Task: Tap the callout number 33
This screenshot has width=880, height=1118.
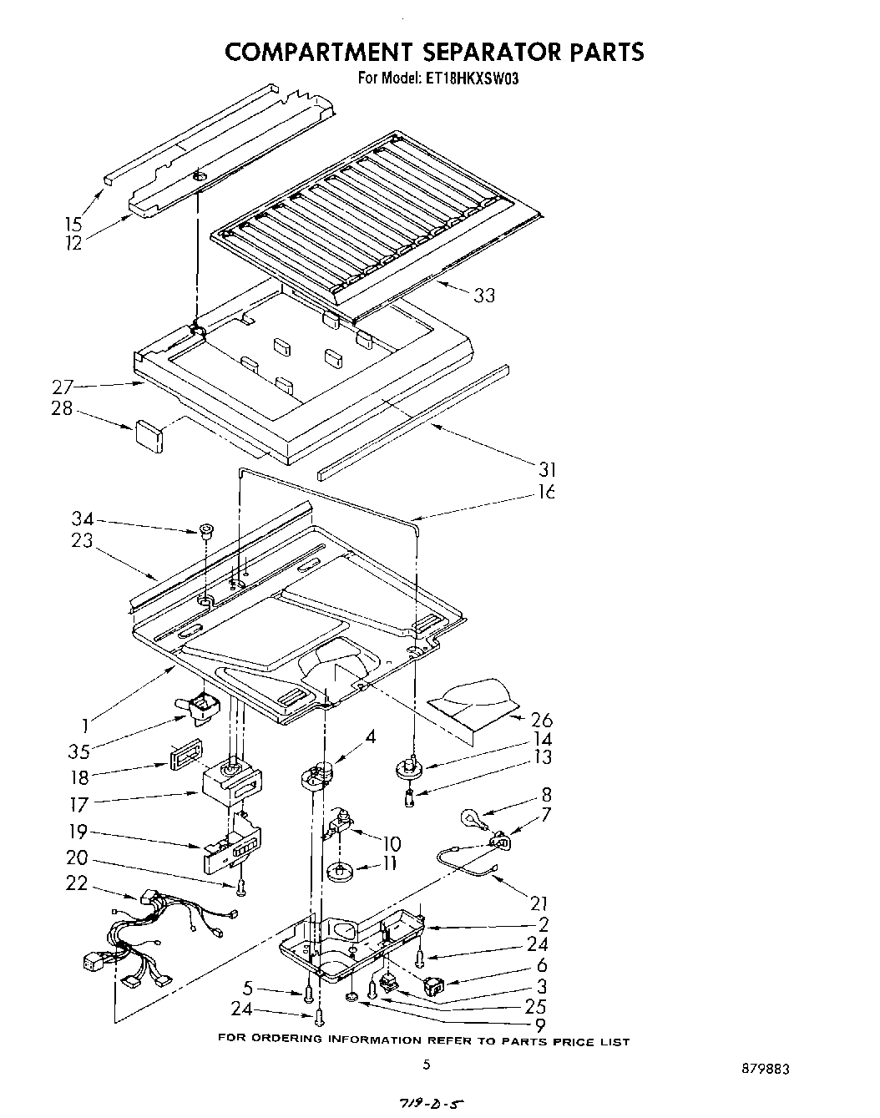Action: [x=484, y=295]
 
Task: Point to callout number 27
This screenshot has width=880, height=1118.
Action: [x=63, y=387]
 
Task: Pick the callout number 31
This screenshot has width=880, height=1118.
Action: [x=547, y=470]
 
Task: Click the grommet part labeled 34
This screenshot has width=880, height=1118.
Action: [x=205, y=530]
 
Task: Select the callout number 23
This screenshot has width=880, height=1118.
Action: [x=81, y=540]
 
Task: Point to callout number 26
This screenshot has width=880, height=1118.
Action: [x=541, y=720]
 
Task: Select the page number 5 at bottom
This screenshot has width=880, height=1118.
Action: [x=426, y=1064]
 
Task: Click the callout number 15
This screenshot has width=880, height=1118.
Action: [x=73, y=224]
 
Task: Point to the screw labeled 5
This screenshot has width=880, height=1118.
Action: [x=310, y=993]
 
